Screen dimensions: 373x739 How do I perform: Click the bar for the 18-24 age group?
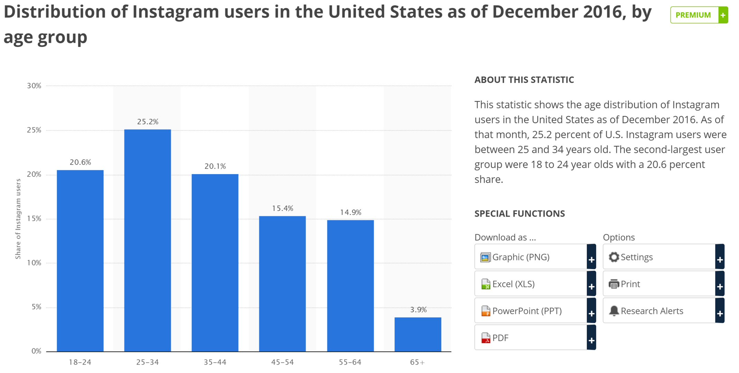click(x=80, y=261)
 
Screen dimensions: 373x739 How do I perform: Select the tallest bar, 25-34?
click(x=147, y=240)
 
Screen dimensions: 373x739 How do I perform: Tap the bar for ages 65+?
click(x=418, y=334)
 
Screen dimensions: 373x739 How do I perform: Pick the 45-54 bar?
click(x=282, y=284)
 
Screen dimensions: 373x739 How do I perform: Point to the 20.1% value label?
click(x=215, y=166)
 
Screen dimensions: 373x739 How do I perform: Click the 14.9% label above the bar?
click(x=350, y=212)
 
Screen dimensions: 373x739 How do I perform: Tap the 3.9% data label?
click(x=418, y=309)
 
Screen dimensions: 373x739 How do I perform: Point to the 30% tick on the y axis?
click(x=34, y=86)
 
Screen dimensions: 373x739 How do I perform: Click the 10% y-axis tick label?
click(x=34, y=263)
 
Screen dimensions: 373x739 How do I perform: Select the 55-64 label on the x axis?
click(x=350, y=362)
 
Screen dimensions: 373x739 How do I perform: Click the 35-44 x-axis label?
click(x=215, y=362)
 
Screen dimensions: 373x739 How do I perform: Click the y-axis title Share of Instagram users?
click(x=18, y=219)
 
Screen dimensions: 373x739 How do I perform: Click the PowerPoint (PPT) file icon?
click(x=486, y=311)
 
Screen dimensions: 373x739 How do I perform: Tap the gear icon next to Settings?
click(x=613, y=257)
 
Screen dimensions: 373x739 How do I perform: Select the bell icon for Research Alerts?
click(x=613, y=311)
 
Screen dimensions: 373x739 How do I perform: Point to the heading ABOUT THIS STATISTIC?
click(x=524, y=80)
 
